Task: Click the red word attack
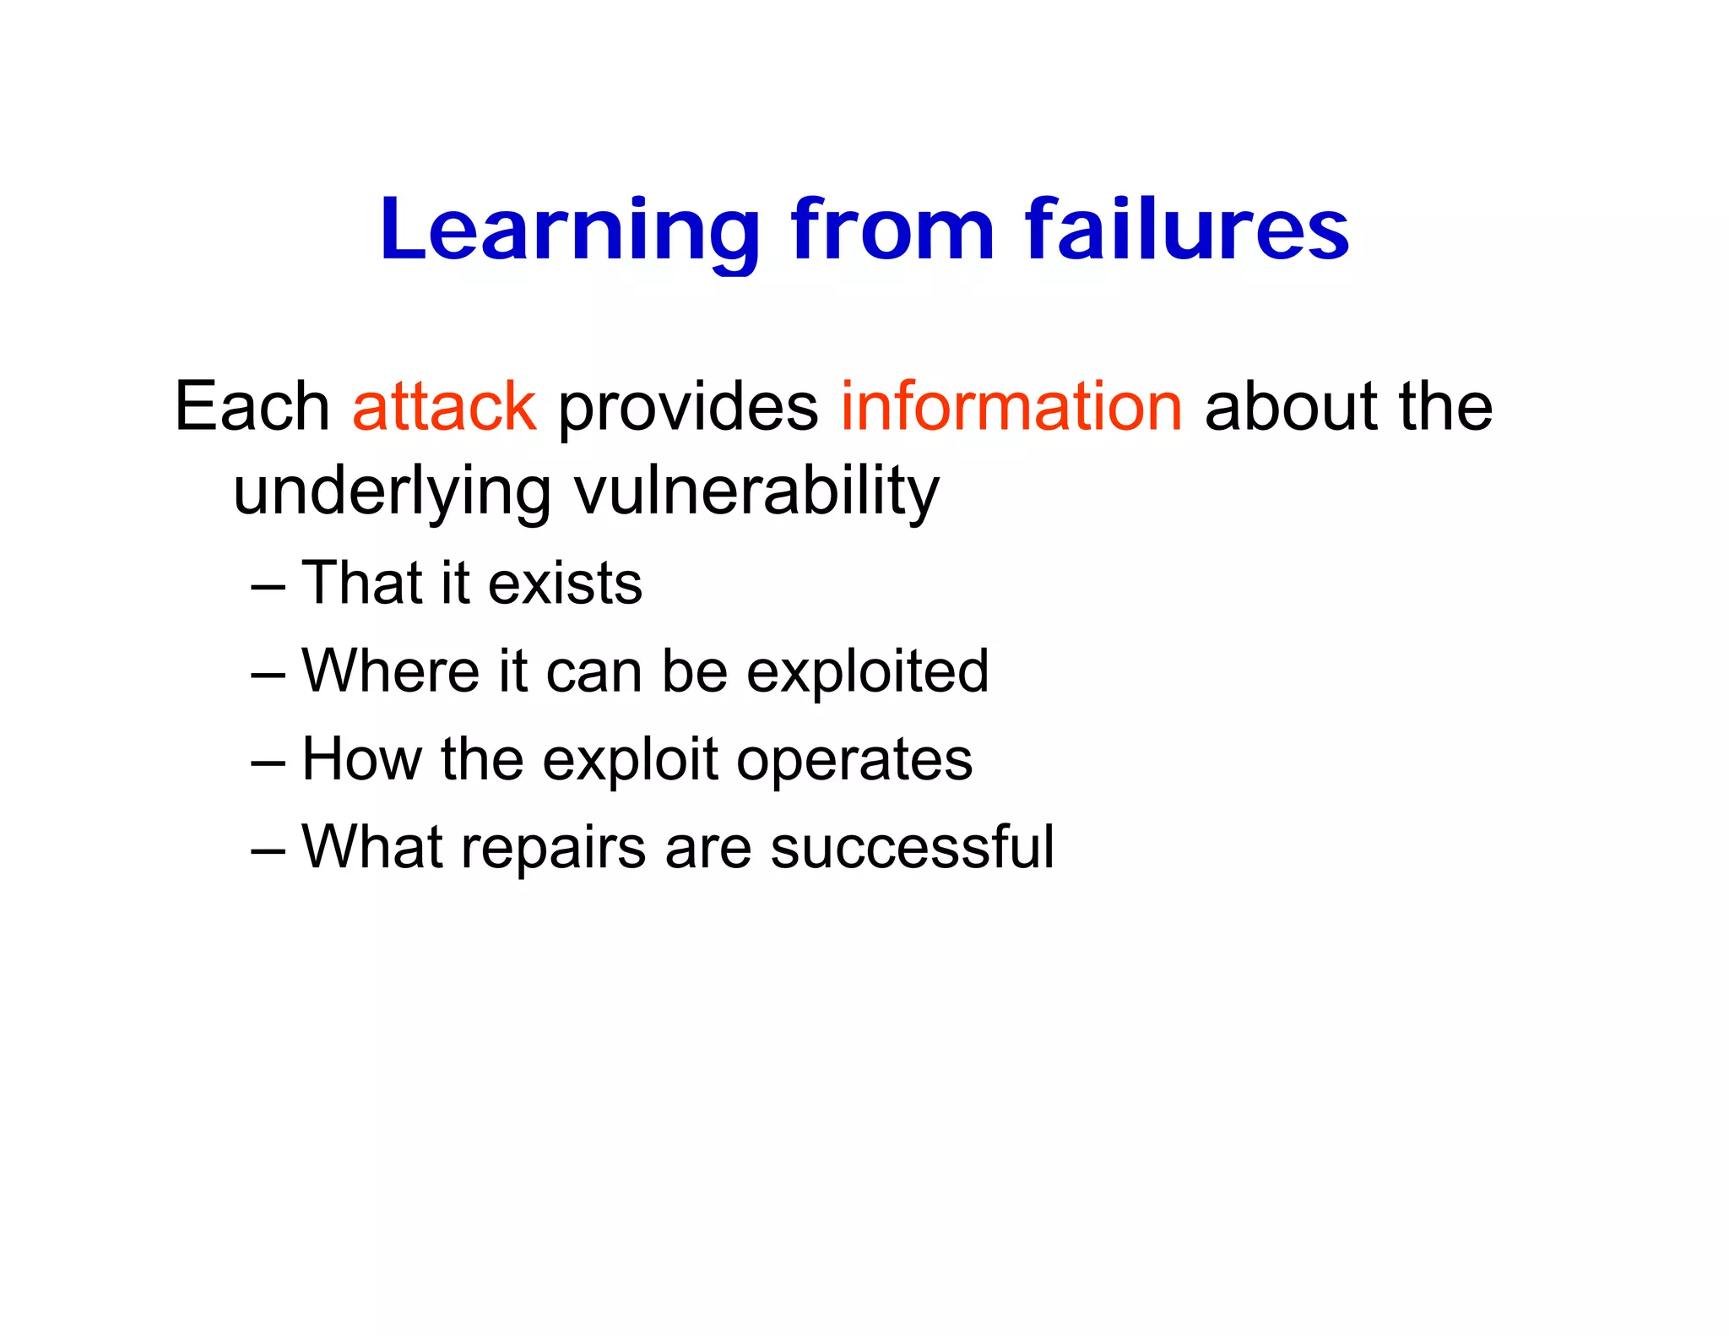point(444,407)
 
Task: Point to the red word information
point(1011,407)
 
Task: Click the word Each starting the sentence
point(252,407)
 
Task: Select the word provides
point(687,409)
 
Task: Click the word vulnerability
point(756,493)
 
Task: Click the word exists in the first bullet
point(565,584)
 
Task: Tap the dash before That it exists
point(268,586)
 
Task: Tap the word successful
point(912,847)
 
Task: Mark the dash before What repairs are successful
point(268,850)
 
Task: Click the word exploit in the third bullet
point(630,761)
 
